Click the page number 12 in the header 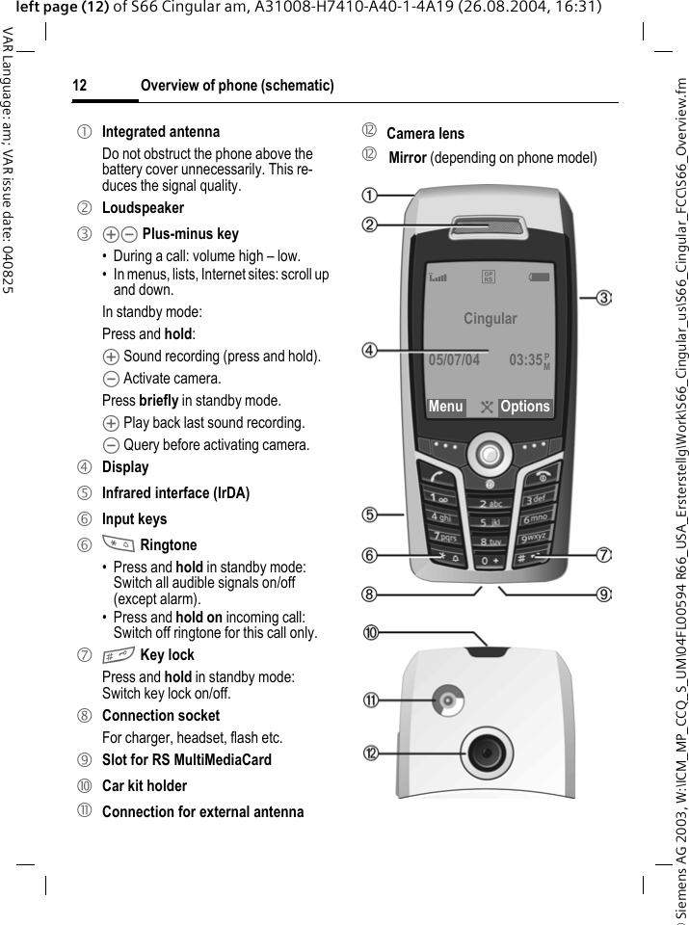80,87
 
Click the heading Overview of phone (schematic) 237,87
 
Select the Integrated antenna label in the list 161,131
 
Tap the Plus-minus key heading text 190,233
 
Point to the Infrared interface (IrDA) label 175,492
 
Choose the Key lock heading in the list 167,655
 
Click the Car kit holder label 145,785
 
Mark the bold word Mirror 408,158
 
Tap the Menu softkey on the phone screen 445,407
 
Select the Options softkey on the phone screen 525,407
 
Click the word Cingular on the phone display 490,319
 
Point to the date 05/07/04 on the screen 453,361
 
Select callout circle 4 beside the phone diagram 370,350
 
